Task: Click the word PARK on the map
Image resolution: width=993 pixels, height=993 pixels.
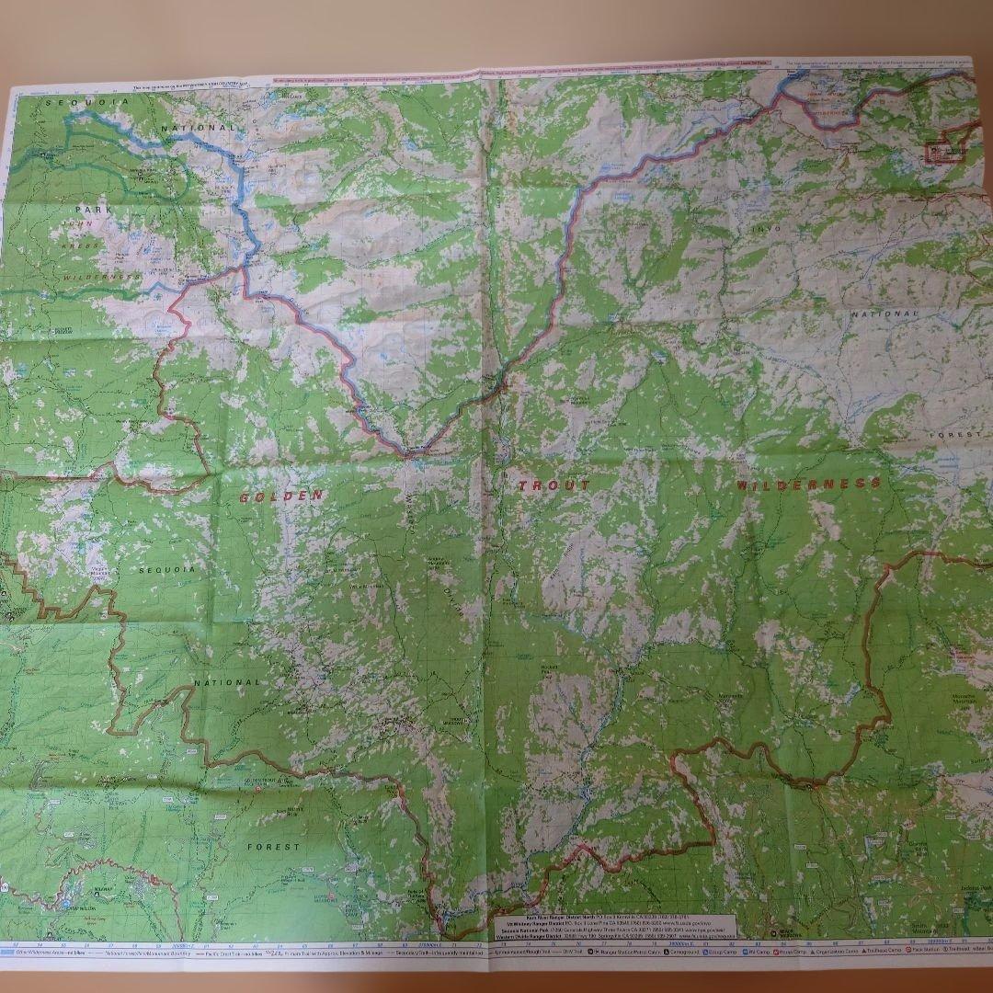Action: click(x=94, y=211)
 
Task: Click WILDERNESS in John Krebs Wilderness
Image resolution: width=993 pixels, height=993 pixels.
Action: click(x=102, y=275)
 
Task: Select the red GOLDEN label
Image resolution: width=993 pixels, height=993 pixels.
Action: click(x=281, y=496)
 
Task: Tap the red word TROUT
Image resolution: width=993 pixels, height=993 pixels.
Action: click(x=552, y=485)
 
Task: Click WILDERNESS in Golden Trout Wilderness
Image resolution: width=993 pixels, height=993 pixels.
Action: click(x=808, y=483)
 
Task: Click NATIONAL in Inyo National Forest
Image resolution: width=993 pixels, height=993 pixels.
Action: click(x=885, y=314)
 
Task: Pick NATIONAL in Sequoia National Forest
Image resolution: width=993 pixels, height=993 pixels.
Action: click(x=227, y=682)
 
